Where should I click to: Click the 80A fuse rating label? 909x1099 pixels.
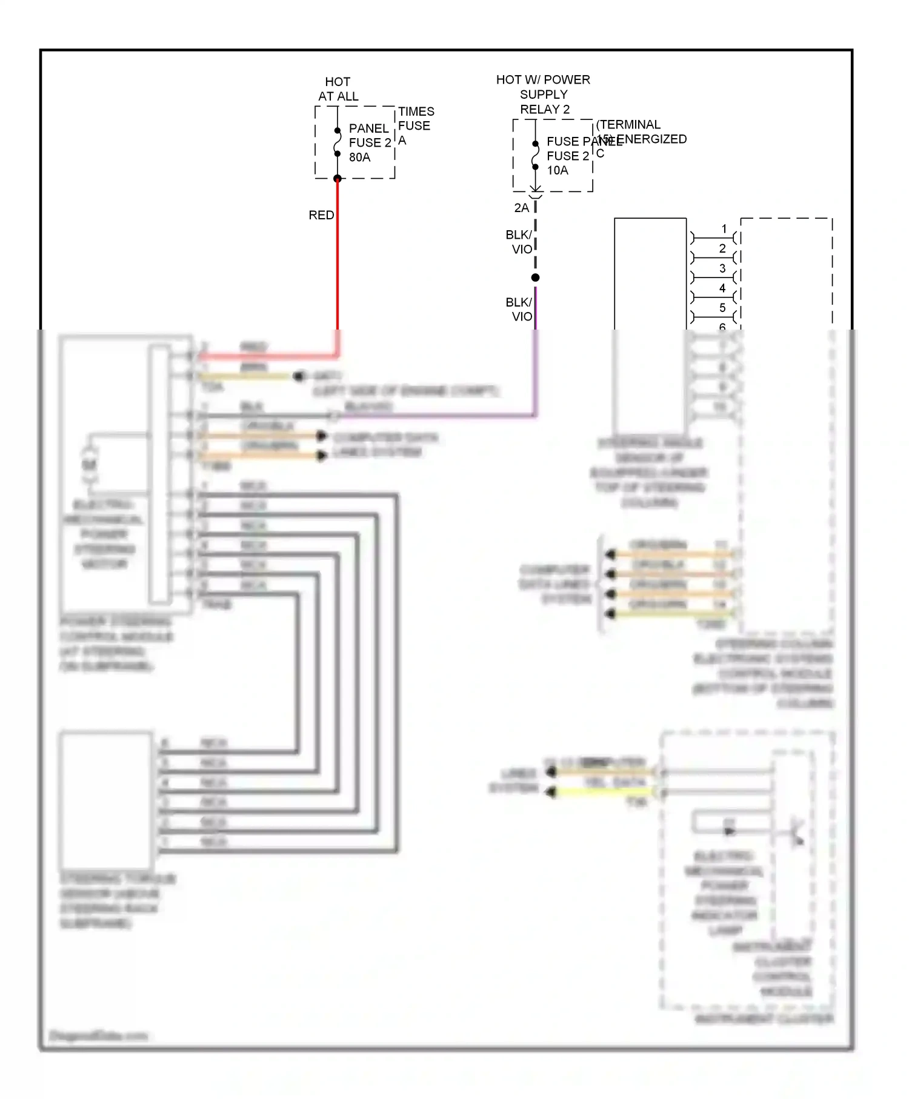(359, 158)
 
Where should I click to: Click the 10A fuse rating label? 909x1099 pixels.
(558, 171)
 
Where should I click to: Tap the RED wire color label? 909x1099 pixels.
(321, 215)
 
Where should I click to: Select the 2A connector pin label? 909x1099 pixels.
(521, 208)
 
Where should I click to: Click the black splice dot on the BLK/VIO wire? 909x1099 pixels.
(535, 277)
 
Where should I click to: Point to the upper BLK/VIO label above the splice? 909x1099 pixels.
(519, 242)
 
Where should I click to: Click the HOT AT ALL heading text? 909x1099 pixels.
(338, 89)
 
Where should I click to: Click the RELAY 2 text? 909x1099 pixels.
(545, 110)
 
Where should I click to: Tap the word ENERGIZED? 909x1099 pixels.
(652, 139)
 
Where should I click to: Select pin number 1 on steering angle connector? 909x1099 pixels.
(724, 229)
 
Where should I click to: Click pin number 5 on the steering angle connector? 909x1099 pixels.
(722, 308)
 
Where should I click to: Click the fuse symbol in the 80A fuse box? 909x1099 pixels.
(338, 142)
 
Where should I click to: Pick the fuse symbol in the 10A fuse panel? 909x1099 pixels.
(535, 155)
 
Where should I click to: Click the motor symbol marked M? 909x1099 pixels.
(90, 465)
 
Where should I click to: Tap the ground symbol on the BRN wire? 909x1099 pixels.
(299, 376)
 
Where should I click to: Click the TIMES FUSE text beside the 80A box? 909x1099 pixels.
(416, 119)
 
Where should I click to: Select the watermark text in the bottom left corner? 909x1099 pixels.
(98, 1035)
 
